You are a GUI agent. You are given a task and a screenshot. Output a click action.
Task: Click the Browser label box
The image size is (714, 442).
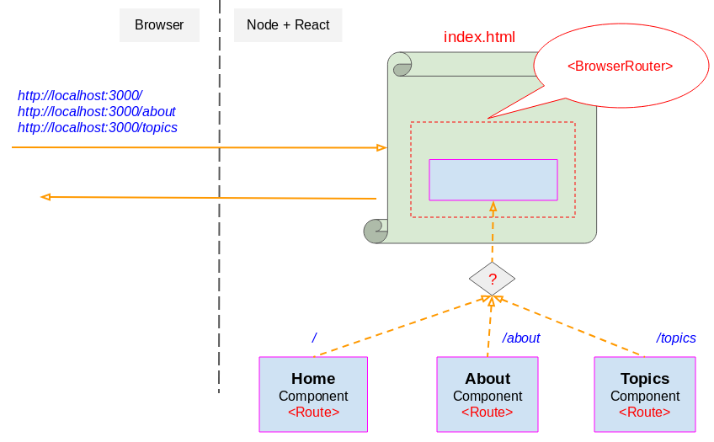pyautogui.click(x=159, y=25)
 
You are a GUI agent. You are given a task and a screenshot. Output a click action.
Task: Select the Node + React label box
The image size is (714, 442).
pyautogui.click(x=288, y=25)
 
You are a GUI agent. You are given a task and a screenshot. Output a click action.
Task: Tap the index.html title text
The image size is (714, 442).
pyautogui.click(x=479, y=37)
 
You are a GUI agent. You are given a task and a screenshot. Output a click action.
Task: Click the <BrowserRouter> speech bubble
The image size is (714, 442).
pyautogui.click(x=620, y=66)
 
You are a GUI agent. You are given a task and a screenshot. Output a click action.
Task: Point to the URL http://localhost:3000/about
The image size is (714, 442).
pyautogui.click(x=97, y=111)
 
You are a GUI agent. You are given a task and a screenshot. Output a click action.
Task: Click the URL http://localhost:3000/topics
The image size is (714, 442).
pyautogui.click(x=98, y=127)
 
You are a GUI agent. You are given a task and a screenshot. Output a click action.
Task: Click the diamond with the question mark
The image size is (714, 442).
pyautogui.click(x=493, y=279)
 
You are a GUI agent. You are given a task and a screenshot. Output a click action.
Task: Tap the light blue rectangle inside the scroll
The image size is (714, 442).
pyautogui.click(x=493, y=179)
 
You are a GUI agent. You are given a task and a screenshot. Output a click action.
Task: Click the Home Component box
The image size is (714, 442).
pyautogui.click(x=313, y=395)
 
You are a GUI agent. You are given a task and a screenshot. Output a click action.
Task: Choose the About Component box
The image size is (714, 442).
pyautogui.click(x=488, y=395)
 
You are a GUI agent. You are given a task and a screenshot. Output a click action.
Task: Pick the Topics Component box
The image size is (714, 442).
pyautogui.click(x=645, y=395)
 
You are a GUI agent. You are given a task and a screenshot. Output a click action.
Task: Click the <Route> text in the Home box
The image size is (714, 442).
pyautogui.click(x=313, y=413)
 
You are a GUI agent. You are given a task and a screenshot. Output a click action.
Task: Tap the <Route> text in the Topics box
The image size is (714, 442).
pyautogui.click(x=645, y=413)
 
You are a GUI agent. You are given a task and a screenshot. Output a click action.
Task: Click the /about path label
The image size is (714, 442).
pyautogui.click(x=520, y=338)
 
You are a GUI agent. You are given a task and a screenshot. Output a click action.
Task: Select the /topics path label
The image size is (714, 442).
pyautogui.click(x=676, y=338)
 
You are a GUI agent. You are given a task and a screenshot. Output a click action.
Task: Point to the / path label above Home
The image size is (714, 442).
pyautogui.click(x=314, y=338)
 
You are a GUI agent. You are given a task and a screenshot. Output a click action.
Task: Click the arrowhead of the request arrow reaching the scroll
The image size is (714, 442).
pyautogui.click(x=381, y=148)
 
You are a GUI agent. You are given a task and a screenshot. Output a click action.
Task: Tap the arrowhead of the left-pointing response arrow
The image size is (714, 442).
pyautogui.click(x=45, y=197)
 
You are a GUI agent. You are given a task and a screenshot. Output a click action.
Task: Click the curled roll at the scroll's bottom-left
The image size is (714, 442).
pyautogui.click(x=375, y=231)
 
